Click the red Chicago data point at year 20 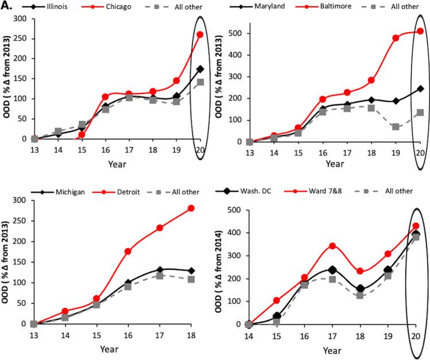tap(200, 34)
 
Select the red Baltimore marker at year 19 tap(396, 38)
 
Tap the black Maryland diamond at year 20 tap(420, 89)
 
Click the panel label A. tap(7, 7)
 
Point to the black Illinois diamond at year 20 tap(200, 69)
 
